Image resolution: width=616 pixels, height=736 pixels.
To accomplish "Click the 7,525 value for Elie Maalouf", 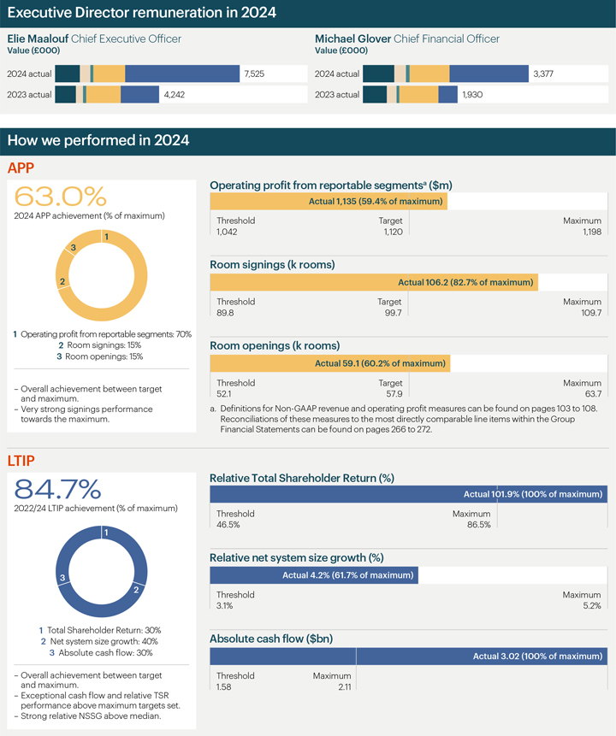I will [254, 74].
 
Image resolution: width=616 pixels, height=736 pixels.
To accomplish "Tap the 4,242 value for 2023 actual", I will [175, 95].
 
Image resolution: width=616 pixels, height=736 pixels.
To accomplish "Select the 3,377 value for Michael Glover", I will [543, 74].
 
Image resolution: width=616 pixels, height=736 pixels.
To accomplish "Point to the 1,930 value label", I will [472, 95].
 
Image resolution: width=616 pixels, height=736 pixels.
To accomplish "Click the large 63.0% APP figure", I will [61, 196].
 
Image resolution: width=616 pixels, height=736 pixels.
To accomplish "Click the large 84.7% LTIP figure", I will [58, 490].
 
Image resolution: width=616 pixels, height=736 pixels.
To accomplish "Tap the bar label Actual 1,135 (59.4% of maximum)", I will [376, 202].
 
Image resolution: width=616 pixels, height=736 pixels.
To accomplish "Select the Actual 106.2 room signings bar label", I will [466, 282].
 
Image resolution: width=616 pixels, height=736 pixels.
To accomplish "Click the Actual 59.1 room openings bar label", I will [380, 363].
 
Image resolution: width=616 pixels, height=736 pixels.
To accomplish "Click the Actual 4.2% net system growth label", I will [348, 575].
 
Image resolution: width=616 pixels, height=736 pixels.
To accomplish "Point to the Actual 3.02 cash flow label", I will [537, 657].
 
